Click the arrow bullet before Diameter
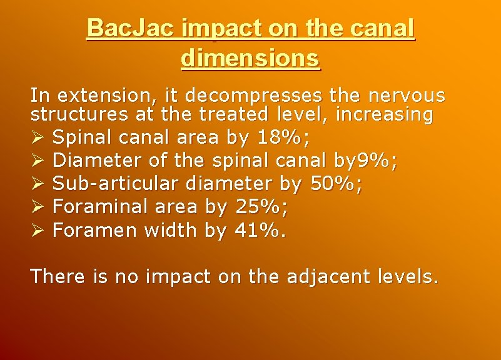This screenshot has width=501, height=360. coord(38,161)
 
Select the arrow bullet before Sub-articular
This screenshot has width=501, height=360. coord(38,184)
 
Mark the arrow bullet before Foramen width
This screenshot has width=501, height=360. coord(38,231)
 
